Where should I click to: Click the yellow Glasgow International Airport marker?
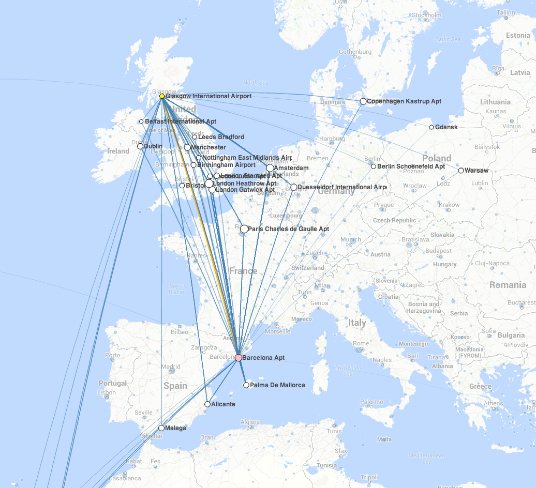[162, 96]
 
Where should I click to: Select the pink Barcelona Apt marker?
[239, 358]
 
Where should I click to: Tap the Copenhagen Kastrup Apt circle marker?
[363, 101]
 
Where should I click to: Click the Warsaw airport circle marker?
[461, 171]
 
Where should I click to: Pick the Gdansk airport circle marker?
[431, 127]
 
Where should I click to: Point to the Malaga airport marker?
[161, 428]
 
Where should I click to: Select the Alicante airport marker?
[207, 404]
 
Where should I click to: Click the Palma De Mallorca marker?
[246, 385]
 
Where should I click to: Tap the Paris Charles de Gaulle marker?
[244, 229]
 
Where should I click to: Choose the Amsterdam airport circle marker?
[270, 168]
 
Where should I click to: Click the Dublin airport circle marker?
[140, 146]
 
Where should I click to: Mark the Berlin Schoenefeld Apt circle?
[374, 166]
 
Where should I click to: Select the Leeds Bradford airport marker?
[195, 137]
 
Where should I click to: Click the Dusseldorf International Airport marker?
[294, 187]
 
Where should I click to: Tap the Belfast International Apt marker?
[141, 121]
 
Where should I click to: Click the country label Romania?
[508, 285]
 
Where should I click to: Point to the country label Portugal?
[113, 383]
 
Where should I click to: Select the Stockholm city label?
[427, 15]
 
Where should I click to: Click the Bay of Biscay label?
[177, 289]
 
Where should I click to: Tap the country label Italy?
[356, 323]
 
